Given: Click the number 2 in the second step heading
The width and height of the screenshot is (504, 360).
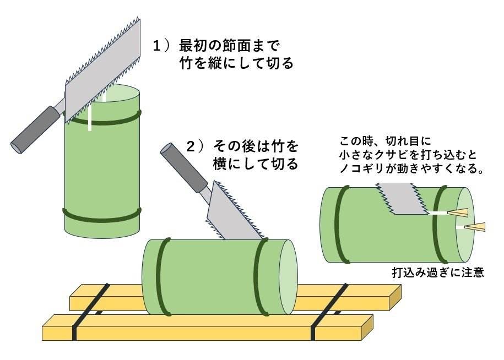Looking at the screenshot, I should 191,146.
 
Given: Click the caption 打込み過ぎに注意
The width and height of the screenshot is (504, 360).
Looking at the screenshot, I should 438,272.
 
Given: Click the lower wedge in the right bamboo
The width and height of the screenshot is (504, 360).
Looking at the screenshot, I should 475,226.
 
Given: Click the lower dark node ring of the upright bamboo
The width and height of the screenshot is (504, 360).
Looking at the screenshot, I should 102,215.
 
